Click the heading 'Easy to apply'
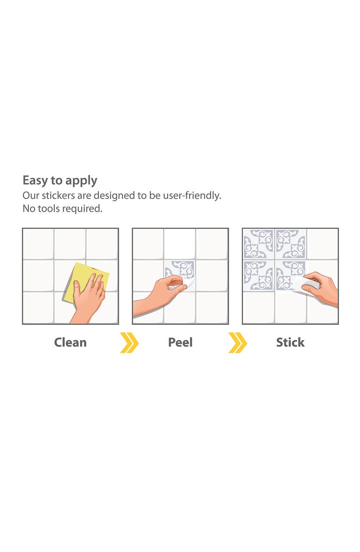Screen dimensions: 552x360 [x=60, y=180]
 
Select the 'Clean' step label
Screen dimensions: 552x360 [x=70, y=342]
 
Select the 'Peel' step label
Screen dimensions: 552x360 [x=180, y=342]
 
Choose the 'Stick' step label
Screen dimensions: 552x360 [x=290, y=342]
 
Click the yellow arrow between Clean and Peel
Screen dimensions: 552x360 [x=129, y=343]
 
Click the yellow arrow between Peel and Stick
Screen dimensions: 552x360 [x=237, y=343]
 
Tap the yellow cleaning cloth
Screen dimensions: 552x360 [x=83, y=272]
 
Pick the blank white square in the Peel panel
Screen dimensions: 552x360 [x=180, y=244]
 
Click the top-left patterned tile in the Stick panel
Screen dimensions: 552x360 [x=258, y=244]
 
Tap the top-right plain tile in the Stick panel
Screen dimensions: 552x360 [x=322, y=244]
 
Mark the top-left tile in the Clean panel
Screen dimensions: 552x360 [x=38, y=244]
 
